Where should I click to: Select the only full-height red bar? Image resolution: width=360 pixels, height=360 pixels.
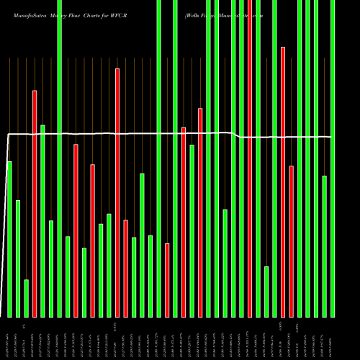tap(250, 158)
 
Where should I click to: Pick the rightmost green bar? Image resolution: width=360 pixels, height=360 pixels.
tap(332, 158)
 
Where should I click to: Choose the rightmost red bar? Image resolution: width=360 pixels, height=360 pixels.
tap(291, 241)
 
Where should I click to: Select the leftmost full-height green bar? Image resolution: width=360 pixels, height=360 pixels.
tap(59, 158)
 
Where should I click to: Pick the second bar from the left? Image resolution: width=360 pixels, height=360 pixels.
tap(18, 258)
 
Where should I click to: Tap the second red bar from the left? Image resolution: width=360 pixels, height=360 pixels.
tap(75, 230)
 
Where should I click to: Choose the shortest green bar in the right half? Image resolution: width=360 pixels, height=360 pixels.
tap(266, 292)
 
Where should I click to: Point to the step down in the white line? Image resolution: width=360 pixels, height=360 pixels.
tap(238, 135)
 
